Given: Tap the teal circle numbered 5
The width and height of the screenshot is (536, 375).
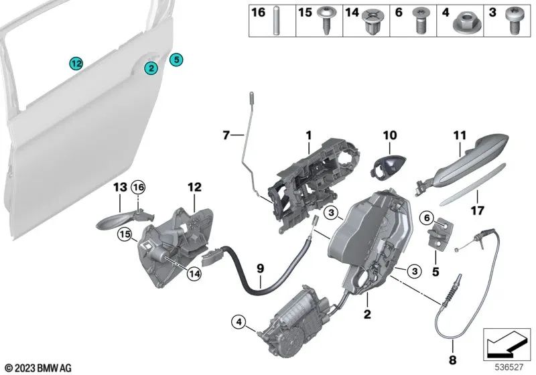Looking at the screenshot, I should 176,60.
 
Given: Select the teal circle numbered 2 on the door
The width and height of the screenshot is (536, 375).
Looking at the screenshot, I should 152,68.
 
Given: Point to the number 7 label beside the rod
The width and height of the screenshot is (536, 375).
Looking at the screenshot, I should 226,135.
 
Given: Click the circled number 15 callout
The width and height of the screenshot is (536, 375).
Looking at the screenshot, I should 123,234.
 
